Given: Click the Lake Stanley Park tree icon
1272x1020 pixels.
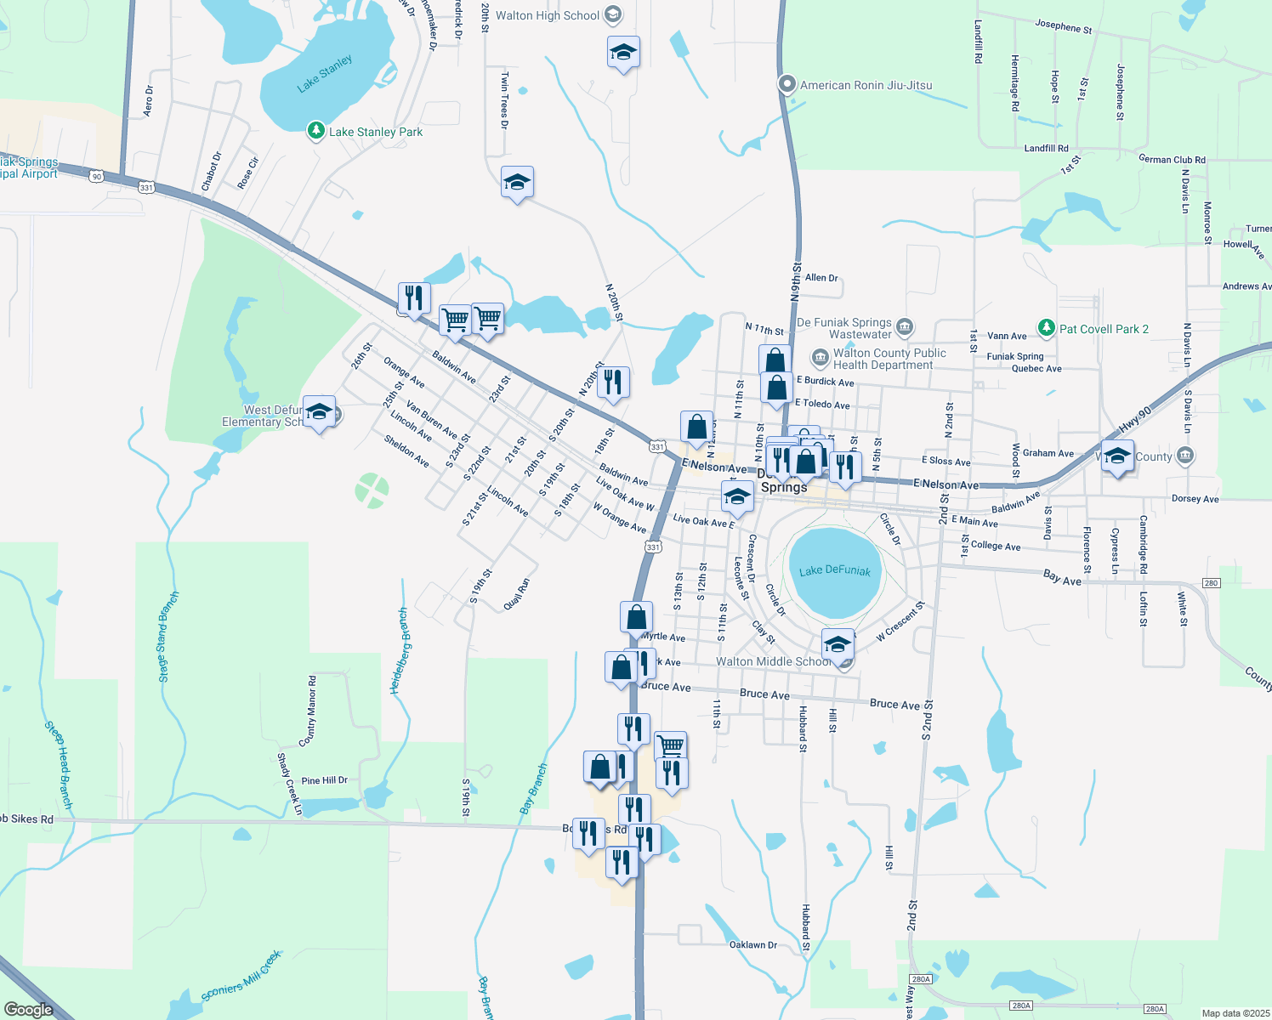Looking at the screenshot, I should click(316, 131).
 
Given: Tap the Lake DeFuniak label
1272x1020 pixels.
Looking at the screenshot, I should click(834, 570).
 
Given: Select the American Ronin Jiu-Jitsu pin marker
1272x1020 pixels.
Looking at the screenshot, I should click(787, 84).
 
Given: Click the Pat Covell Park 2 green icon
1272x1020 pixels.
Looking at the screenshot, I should click(1046, 328).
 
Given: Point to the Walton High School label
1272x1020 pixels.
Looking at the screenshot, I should click(548, 15).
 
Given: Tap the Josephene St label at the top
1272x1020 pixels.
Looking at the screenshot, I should click(1063, 26).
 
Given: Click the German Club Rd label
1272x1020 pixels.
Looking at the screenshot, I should click(1172, 160).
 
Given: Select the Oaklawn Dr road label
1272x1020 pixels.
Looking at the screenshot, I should click(753, 944).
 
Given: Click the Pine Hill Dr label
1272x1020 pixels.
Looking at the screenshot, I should click(324, 780).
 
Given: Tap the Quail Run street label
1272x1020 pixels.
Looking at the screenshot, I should click(516, 593).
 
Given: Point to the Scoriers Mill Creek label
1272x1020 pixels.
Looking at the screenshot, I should click(241, 977).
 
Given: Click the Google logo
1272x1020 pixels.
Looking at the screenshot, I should click(28, 1010).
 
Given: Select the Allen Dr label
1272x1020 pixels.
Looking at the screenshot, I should click(821, 277).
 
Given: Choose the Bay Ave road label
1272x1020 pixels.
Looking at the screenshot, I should click(1062, 578).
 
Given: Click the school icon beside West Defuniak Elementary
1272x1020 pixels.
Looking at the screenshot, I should click(319, 413).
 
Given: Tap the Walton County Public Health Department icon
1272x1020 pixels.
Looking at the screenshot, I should click(820, 358).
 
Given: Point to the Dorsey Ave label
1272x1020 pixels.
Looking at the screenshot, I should click(1195, 499).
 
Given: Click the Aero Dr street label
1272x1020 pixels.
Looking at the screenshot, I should click(149, 100).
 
